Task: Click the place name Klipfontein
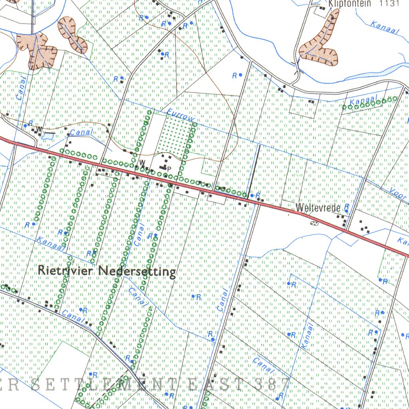click(350, 4)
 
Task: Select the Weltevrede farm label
click(318, 208)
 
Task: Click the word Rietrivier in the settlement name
click(66, 270)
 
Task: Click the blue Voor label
click(398, 193)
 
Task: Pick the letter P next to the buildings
click(169, 169)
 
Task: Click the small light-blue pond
click(47, 137)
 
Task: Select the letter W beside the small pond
click(39, 129)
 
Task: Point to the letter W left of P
click(141, 162)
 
